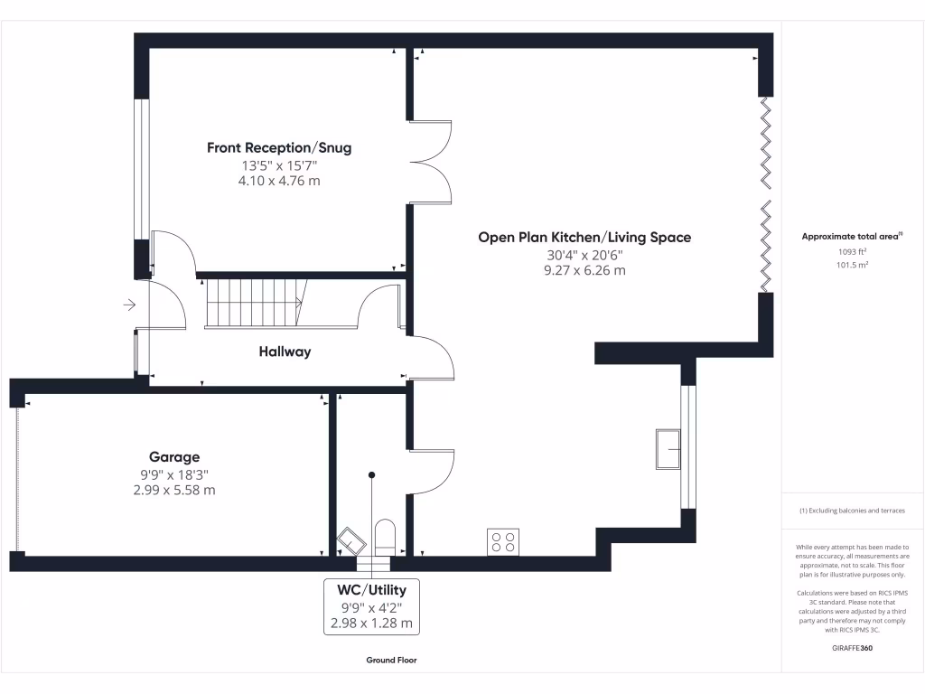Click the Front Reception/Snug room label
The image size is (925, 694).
coord(279,147)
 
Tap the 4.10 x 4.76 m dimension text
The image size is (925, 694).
coord(279,181)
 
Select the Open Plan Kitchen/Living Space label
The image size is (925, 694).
coord(584,237)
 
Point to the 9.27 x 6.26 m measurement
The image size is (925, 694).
coord(584,270)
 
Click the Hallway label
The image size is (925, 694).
coord(285,352)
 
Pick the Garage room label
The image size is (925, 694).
coord(174,457)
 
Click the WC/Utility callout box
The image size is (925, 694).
coord(371,605)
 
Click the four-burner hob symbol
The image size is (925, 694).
coord(503,541)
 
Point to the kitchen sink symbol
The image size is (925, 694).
coord(669,449)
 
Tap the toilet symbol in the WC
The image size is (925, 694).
coord(384,536)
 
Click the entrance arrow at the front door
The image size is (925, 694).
coord(128,305)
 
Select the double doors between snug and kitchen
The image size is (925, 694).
coord(432,161)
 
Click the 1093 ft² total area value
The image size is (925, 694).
coord(853,252)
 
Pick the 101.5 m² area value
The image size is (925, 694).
coord(853,266)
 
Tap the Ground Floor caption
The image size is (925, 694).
coord(391,661)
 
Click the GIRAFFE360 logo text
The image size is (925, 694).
coord(852,648)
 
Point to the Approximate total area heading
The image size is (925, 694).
coord(852,237)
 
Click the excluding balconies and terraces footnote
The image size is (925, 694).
coord(852,511)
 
